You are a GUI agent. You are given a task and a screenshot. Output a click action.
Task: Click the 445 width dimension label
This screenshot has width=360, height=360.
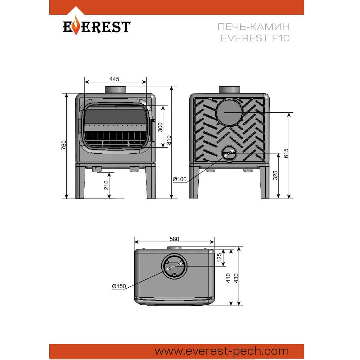click(114, 79)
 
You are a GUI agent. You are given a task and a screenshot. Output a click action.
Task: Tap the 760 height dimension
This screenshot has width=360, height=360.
click(64, 145)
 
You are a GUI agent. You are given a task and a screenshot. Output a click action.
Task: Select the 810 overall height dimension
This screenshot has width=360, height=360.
click(169, 140)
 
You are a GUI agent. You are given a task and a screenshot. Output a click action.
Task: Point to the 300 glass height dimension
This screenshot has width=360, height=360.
click(160, 127)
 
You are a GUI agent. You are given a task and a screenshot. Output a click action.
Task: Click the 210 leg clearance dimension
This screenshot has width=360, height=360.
click(106, 185)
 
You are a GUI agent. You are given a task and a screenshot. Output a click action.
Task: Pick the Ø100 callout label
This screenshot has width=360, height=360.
click(180, 179)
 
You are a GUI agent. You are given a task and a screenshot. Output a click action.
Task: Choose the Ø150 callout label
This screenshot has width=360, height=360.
click(119, 286)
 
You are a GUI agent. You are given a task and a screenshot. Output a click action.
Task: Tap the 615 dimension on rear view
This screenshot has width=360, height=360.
click(286, 153)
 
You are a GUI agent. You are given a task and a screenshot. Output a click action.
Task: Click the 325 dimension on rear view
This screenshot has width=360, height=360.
click(275, 175)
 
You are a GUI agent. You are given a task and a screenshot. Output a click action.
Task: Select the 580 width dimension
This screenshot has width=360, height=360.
click(174, 239)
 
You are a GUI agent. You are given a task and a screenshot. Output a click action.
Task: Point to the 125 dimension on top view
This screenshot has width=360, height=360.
click(219, 257)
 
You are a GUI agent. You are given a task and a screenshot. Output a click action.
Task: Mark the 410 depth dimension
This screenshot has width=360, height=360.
click(228, 278)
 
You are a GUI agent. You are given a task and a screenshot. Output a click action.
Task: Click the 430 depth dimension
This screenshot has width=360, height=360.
click(236, 278)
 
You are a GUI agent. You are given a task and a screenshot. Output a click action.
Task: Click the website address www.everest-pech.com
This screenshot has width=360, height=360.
click(222, 351)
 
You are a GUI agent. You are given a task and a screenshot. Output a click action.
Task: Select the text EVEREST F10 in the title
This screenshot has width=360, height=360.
click(255, 38)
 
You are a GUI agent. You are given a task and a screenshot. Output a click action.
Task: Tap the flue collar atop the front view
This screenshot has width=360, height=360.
click(115, 90)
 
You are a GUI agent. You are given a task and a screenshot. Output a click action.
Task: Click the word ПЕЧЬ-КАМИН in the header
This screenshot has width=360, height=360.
click(253, 27)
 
